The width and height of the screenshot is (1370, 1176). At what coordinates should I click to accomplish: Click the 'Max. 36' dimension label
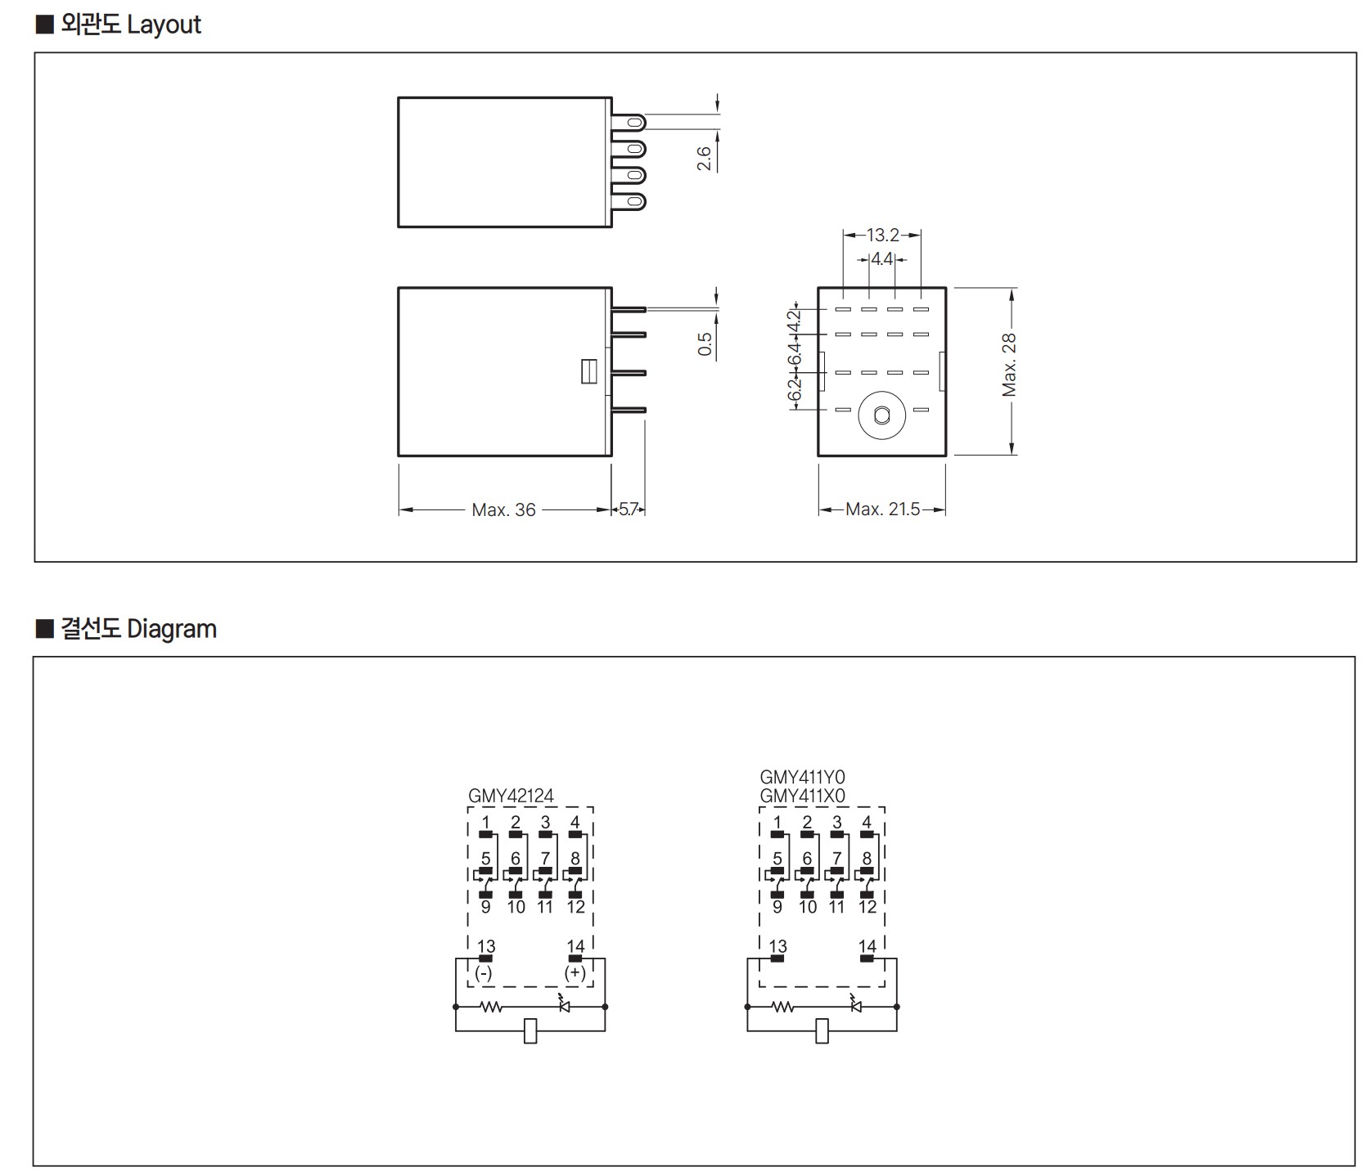[x=503, y=510]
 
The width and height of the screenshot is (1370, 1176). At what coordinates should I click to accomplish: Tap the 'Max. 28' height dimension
[x=1009, y=365]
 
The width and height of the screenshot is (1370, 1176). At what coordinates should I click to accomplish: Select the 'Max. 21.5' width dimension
[x=882, y=509]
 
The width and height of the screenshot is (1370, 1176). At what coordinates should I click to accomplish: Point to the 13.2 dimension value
[x=882, y=236]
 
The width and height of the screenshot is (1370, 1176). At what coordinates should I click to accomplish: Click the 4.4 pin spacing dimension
[x=882, y=259]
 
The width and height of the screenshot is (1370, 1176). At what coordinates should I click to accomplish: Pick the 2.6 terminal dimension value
[x=704, y=159]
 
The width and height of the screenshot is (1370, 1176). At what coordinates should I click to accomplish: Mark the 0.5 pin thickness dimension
[x=705, y=343]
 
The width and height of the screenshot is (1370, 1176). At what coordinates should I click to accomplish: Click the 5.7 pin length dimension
[x=628, y=509]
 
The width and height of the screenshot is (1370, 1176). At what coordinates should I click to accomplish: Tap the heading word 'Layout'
[x=164, y=25]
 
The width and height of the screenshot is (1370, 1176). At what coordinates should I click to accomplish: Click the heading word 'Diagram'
[x=172, y=629]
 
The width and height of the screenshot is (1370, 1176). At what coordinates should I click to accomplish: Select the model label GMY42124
[x=511, y=796]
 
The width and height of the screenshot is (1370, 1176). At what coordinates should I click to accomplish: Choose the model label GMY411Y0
[x=802, y=777]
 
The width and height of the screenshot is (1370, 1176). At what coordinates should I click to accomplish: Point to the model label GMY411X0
[x=802, y=796]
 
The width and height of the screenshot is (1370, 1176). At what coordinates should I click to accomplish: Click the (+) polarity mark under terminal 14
[x=575, y=973]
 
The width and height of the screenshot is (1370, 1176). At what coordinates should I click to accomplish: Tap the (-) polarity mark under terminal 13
[x=484, y=973]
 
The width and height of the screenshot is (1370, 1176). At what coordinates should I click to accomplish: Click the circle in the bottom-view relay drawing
[x=881, y=415]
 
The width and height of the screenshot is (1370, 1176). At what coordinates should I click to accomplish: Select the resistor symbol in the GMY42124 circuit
[x=491, y=1007]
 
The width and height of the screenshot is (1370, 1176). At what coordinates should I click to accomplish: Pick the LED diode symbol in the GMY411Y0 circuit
[x=856, y=1005]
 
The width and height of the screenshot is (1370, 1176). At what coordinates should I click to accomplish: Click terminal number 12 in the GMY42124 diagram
[x=576, y=907]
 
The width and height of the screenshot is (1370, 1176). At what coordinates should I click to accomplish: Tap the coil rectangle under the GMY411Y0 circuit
[x=822, y=1031]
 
